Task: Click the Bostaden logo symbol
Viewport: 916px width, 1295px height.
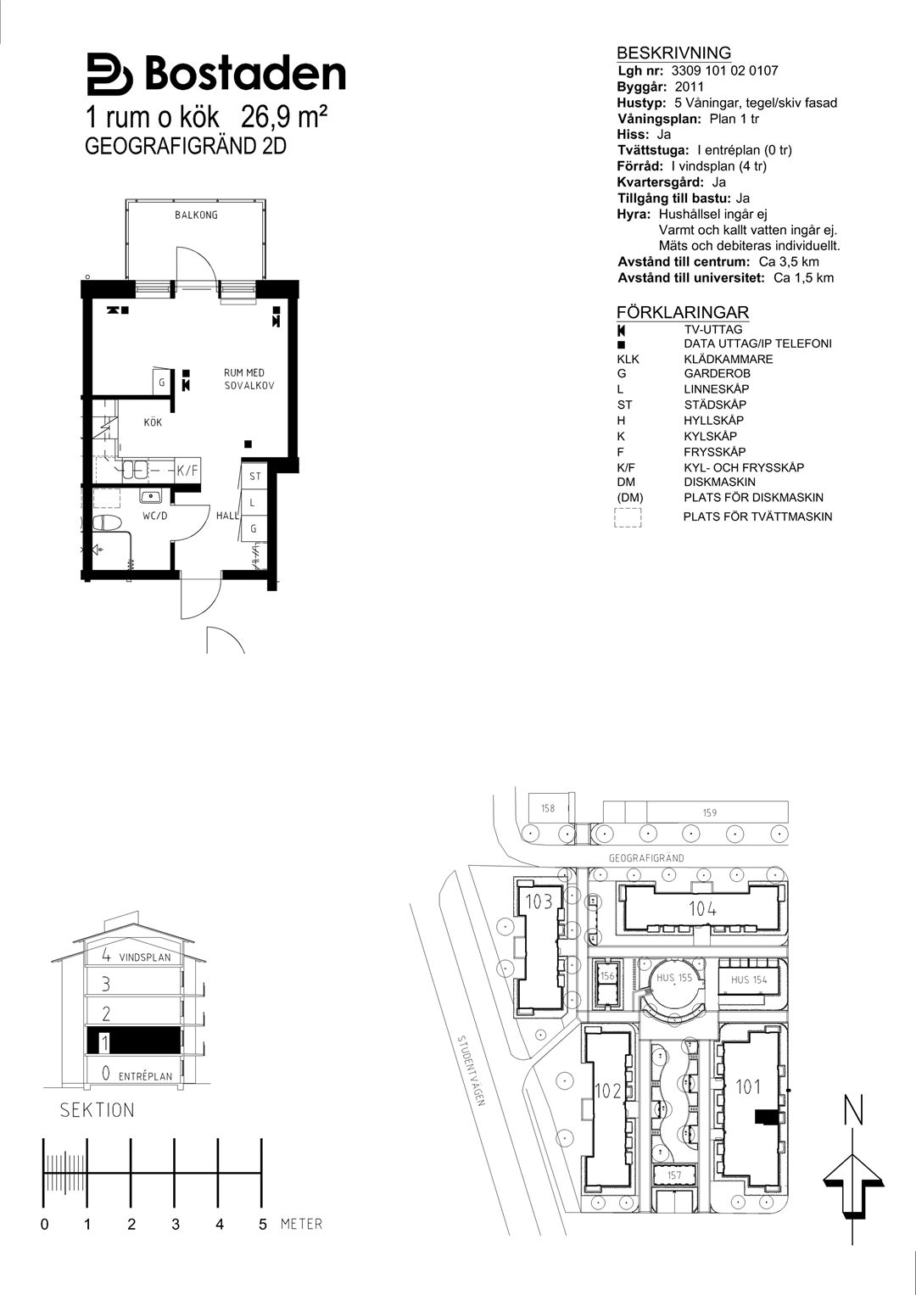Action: click(x=110, y=74)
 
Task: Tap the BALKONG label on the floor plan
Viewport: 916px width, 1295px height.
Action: click(x=196, y=215)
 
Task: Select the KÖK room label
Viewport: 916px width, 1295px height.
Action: click(x=153, y=422)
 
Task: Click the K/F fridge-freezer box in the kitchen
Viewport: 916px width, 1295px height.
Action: click(x=187, y=471)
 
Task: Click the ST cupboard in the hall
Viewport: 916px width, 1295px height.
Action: click(x=255, y=477)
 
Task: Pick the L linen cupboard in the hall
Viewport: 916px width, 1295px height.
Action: click(x=254, y=502)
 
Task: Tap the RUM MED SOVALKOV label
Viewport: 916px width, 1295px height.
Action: click(x=249, y=379)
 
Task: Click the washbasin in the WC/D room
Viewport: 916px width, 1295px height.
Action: click(x=152, y=496)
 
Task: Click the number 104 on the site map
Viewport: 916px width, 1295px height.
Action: click(x=702, y=909)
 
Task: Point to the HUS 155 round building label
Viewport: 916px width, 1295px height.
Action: click(x=674, y=978)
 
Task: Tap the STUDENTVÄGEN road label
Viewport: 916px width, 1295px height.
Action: click(x=472, y=1071)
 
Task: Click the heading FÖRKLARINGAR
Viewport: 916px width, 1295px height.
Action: click(x=683, y=313)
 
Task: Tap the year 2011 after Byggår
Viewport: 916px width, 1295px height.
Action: click(x=690, y=87)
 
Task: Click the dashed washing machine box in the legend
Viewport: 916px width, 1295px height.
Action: click(x=628, y=517)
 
